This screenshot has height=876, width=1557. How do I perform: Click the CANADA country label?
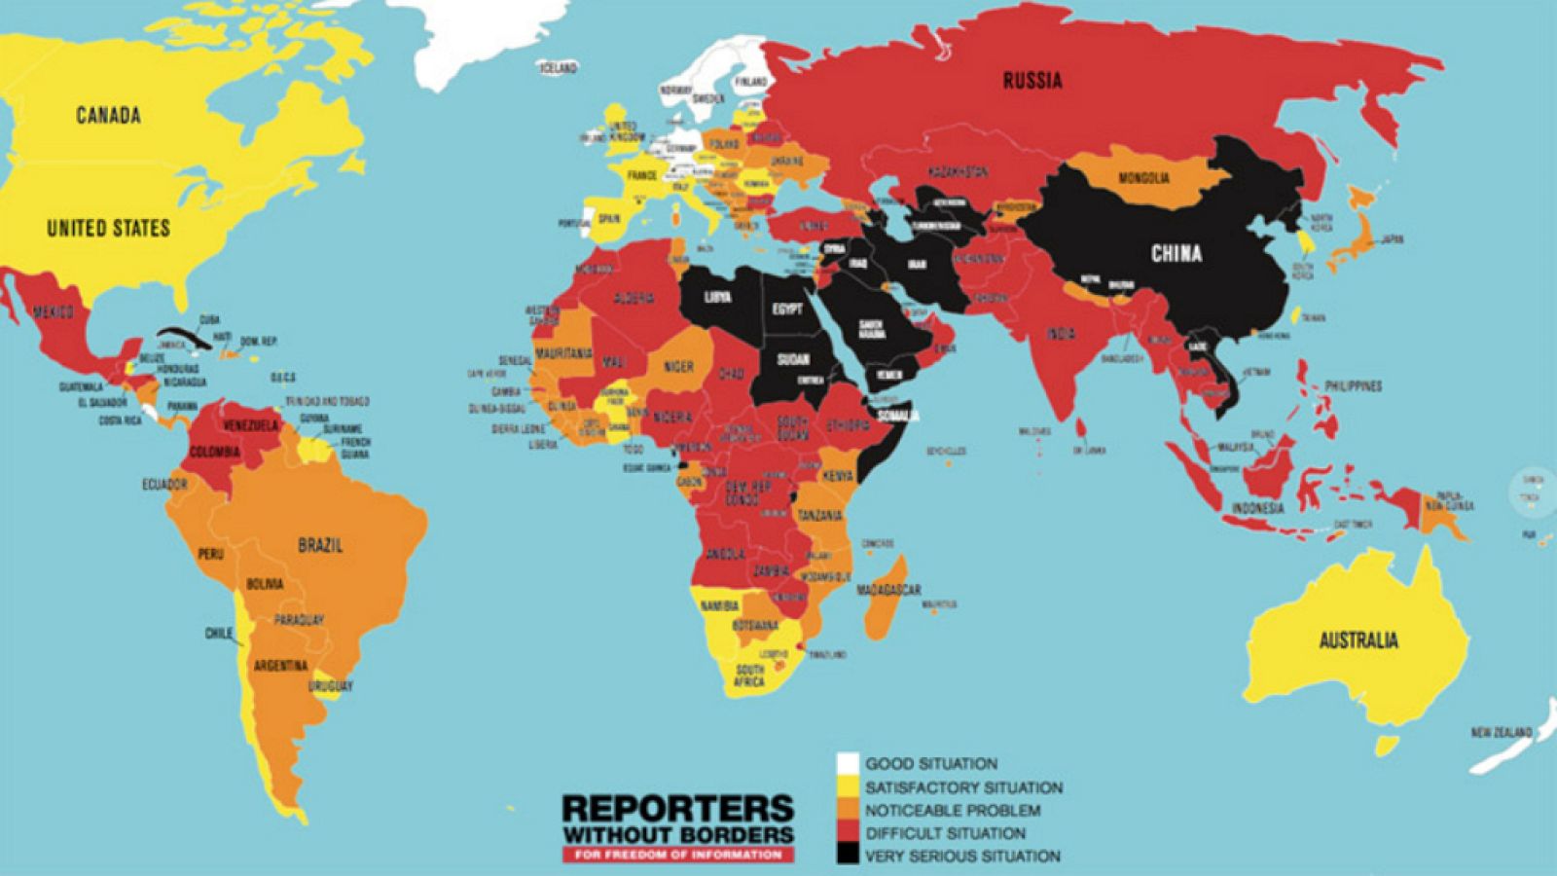point(108,116)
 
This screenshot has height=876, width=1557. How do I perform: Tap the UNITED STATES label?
point(108,229)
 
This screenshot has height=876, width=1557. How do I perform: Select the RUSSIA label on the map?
point(1032,81)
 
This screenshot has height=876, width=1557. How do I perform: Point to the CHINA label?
point(1177,254)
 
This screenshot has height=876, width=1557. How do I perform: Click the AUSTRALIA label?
point(1358,640)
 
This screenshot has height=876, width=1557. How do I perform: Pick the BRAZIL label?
point(320,545)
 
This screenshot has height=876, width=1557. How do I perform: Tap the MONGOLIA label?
point(1143,178)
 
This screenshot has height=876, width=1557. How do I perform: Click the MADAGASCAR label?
point(888,590)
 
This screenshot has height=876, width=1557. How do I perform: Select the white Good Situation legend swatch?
point(848,763)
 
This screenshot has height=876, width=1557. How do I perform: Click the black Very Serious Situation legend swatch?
point(848,855)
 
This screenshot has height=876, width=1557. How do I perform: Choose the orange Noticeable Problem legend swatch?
point(848,809)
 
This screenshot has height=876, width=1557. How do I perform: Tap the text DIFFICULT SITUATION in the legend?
point(945,833)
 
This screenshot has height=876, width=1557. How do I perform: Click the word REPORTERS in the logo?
point(678,809)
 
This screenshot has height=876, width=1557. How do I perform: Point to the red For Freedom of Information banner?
point(678,855)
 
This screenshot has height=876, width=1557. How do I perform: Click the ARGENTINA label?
point(280,667)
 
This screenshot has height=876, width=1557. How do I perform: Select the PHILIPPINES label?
point(1353,386)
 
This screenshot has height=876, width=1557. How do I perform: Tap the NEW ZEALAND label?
point(1501,732)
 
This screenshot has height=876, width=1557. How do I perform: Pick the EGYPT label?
point(787,310)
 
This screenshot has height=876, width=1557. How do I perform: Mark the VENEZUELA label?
point(250,426)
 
